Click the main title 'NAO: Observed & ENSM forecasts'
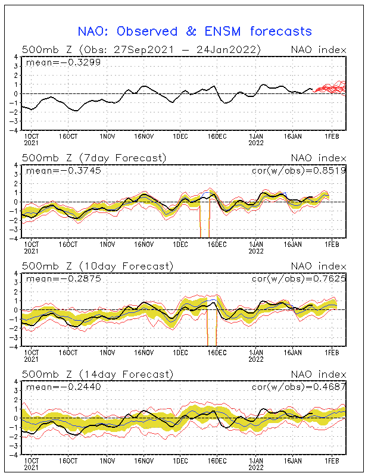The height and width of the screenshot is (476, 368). tap(195, 32)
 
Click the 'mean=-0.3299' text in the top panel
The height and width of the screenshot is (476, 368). tap(63, 63)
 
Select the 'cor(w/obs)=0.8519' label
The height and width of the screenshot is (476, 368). tap(299, 171)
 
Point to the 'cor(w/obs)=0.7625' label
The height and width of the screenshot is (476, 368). tap(299, 278)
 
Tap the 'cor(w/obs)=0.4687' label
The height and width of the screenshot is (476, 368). tap(299, 387)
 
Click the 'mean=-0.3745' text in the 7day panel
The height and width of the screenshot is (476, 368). tap(63, 171)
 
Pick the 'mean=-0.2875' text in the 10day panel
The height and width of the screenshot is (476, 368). tap(63, 278)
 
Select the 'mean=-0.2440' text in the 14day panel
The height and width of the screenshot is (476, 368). tap(63, 387)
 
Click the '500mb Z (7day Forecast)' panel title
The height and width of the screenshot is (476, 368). tap(94, 158)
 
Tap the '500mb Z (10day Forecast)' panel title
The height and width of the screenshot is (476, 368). tap(98, 266)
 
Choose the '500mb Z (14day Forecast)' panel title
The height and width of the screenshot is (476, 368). tap(98, 374)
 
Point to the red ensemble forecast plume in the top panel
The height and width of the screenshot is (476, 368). tap(330, 88)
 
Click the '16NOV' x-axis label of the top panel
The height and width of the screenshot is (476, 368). tap(144, 137)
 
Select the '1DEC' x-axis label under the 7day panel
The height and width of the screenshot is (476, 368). tap(180, 245)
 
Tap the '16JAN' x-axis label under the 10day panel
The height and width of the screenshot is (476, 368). tap(292, 353)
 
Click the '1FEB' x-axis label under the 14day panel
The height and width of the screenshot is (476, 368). tap(332, 461)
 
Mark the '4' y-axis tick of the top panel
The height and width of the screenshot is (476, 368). tap(15, 57)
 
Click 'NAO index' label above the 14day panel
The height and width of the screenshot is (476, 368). tap(319, 374)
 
